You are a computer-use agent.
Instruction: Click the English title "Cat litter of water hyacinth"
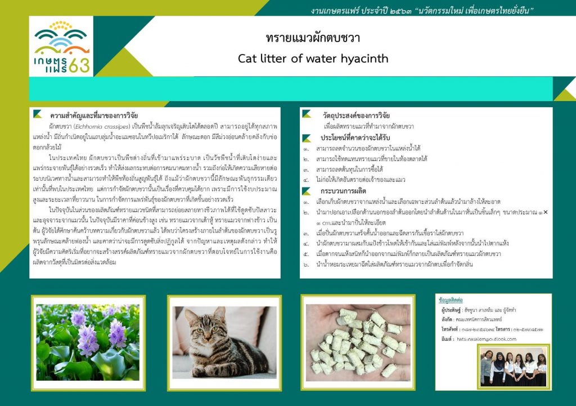313,58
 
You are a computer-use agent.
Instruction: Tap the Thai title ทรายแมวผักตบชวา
313,38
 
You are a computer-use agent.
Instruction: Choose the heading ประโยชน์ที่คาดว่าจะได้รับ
355,138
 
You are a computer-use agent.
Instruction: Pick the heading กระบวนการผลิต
344,191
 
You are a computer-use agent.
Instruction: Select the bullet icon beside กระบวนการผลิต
307,191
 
